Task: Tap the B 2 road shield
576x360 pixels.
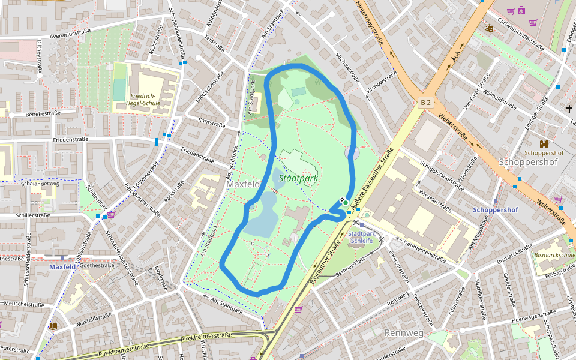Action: pos(425,103)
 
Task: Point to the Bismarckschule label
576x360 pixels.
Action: pos(554,255)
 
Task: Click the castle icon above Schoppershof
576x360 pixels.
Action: pos(544,144)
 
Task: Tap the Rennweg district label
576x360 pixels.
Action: pos(404,332)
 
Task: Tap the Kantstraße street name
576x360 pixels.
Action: pos(211,124)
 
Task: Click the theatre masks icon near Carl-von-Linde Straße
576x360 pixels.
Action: pos(489,28)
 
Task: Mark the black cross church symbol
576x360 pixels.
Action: pos(569,109)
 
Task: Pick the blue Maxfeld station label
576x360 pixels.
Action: pos(62,267)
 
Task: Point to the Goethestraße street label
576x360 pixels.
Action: pos(97,265)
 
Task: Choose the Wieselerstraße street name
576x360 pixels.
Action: pos(427,202)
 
